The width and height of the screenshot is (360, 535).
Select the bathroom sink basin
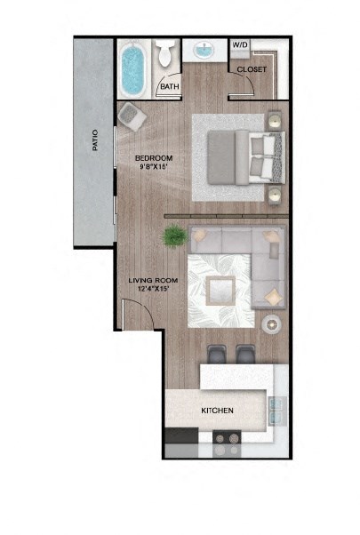[204, 51]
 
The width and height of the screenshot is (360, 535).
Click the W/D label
[240, 44]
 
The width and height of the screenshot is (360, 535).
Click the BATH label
[169, 87]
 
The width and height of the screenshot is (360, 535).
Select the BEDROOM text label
[153, 159]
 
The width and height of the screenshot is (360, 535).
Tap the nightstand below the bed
[275, 195]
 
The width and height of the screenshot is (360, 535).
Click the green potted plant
[172, 237]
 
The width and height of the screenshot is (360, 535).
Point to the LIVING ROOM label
[154, 280]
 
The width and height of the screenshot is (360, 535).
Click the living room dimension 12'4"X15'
[154, 290]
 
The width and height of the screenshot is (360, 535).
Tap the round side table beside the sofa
[271, 325]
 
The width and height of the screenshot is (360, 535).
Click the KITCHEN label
[217, 411]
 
